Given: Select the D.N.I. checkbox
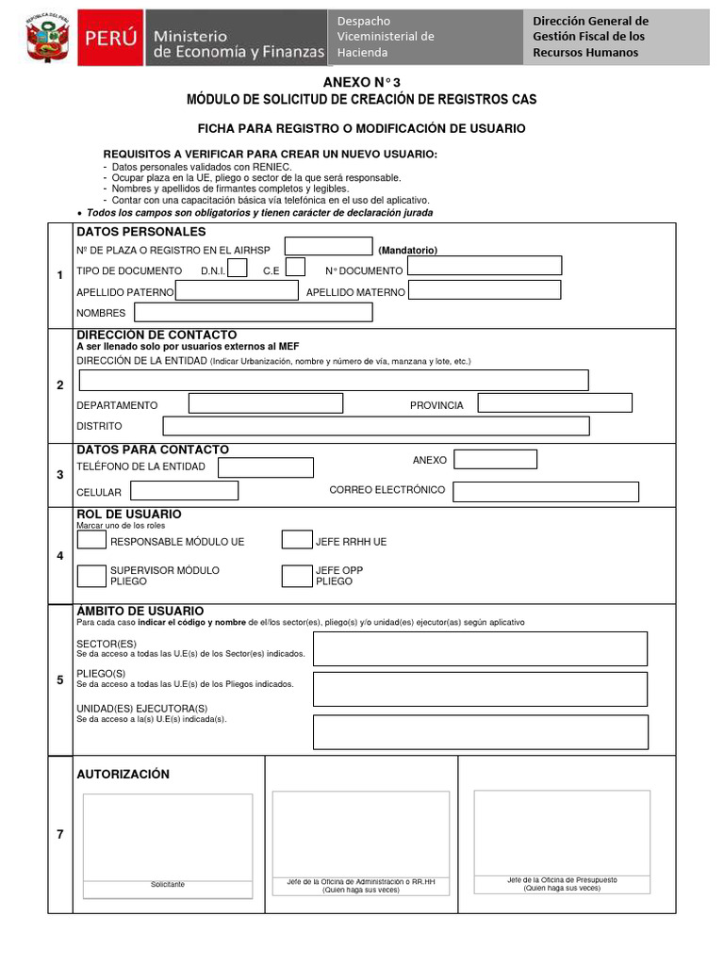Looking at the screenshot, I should [238, 269].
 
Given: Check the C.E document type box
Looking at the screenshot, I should [295, 269].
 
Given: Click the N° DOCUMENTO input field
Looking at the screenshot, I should [485, 266].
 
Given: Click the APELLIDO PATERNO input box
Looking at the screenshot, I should [237, 291].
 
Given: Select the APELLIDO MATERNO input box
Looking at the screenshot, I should [485, 290].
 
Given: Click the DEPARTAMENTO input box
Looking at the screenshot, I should [266, 404].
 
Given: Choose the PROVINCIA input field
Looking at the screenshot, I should [554, 403].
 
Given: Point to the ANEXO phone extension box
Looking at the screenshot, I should [496, 459].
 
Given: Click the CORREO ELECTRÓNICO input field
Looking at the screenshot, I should [546, 492].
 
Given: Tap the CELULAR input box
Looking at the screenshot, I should [184, 491].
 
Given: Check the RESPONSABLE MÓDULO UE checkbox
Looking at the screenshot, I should [91, 541].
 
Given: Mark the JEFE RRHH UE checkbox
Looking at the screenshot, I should [297, 540].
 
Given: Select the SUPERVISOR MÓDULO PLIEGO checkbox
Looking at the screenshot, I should [91, 575].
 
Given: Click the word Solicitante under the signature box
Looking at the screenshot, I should [168, 885].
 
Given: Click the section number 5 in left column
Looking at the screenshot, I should [60, 679].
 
